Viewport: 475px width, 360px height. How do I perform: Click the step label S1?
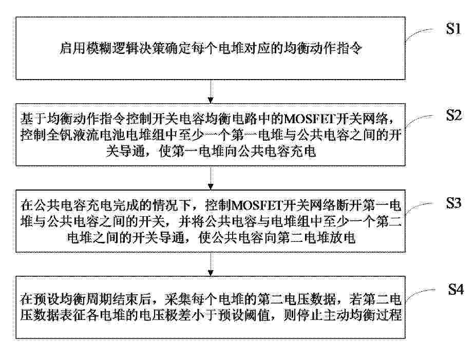453,29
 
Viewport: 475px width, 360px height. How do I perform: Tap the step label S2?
454,115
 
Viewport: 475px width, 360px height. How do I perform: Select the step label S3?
453,203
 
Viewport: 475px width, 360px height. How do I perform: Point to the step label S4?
456,289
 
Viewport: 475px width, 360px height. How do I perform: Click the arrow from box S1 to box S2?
211,91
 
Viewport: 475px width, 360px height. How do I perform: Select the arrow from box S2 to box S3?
211,178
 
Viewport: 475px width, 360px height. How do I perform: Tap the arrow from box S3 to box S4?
211,264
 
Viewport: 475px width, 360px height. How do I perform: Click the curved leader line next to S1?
421,33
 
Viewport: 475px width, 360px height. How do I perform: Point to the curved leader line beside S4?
421,294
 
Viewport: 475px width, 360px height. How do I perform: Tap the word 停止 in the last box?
303,315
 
